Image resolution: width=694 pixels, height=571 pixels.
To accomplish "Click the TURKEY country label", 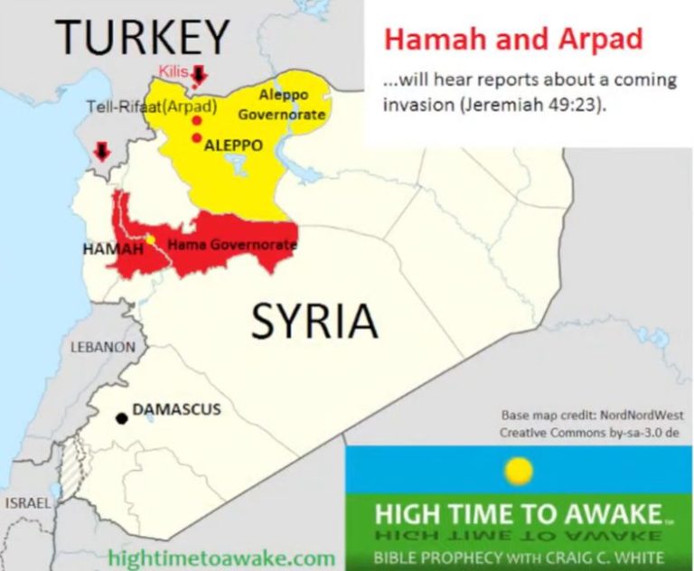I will [x=142, y=37].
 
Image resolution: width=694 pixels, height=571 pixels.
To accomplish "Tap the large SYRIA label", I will [x=314, y=321].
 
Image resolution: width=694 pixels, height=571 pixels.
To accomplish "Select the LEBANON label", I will [x=103, y=347].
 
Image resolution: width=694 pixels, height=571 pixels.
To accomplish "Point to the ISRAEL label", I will [x=28, y=502].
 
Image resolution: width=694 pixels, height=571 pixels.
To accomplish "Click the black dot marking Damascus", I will [x=121, y=418].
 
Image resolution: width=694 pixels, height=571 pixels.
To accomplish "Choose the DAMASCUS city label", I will [x=176, y=409].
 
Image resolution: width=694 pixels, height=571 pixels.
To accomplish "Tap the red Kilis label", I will [x=173, y=70].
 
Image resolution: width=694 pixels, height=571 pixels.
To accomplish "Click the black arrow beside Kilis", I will [x=200, y=73].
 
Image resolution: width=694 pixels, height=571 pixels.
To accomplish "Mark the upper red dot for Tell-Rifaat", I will [x=196, y=120].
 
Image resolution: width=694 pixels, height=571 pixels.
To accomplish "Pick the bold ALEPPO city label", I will [x=234, y=145].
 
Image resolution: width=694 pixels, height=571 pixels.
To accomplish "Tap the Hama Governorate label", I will [x=232, y=244].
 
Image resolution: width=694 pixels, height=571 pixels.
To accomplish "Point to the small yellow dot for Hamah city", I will [x=151, y=239].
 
